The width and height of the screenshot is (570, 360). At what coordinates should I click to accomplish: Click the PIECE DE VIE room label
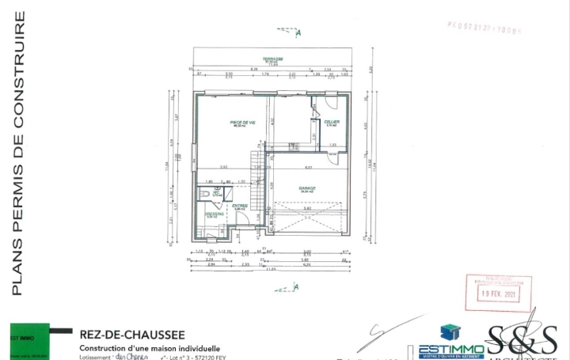pos(242,123)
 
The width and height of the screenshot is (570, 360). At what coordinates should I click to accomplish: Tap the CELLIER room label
pos(332,122)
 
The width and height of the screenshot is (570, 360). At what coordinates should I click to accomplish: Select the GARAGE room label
pos(307,188)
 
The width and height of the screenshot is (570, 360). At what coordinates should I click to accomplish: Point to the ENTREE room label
pos(240,207)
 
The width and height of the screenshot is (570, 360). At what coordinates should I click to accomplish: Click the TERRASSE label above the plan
pos(274,60)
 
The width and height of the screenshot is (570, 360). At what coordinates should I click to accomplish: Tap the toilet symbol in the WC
pos(204,192)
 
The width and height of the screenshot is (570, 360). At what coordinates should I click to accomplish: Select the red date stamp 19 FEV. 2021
pos(498,292)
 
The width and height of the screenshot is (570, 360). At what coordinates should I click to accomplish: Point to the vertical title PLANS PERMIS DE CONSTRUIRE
pos(17,154)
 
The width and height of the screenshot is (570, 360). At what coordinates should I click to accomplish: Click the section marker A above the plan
pos(298,33)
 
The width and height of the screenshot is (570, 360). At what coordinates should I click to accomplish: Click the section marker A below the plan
pos(295,286)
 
